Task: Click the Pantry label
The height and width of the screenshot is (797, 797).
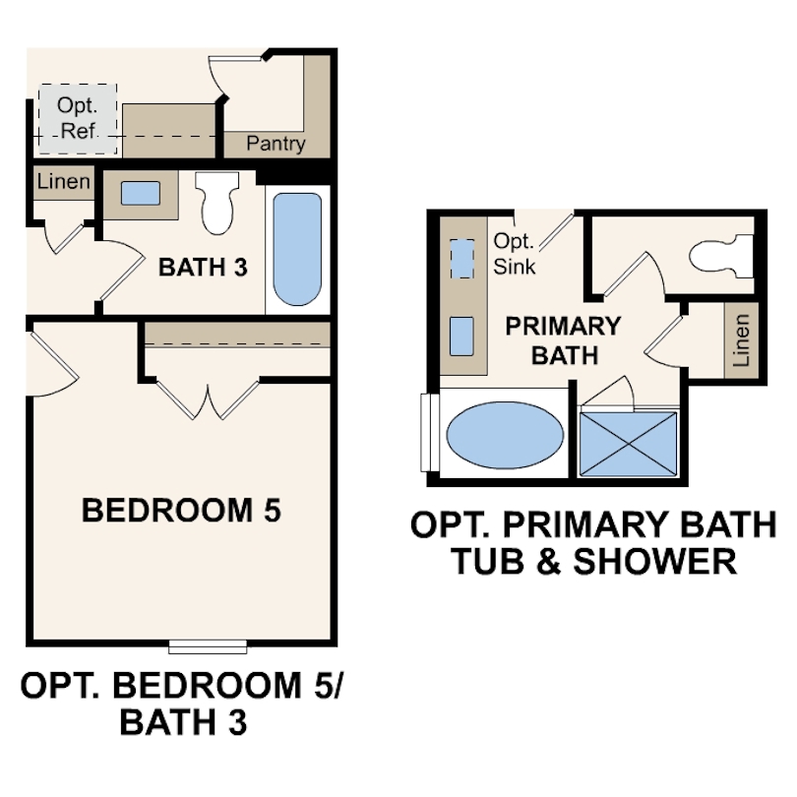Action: click(x=276, y=144)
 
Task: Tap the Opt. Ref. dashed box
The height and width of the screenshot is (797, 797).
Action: click(x=78, y=119)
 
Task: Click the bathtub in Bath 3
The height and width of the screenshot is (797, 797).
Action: click(x=296, y=249)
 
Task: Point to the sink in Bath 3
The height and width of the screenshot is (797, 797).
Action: click(x=140, y=193)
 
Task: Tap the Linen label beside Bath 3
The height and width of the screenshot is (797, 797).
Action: click(x=63, y=182)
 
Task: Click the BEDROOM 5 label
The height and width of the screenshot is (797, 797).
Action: click(x=181, y=511)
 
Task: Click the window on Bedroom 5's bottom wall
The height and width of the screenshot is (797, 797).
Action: click(x=208, y=646)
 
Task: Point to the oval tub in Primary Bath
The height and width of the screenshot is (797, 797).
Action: click(x=505, y=434)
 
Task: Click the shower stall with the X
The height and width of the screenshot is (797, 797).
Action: click(x=629, y=443)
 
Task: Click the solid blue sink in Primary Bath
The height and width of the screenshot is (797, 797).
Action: click(x=460, y=337)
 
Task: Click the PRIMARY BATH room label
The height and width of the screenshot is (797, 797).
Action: click(x=563, y=339)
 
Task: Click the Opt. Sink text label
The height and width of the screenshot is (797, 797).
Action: click(x=514, y=253)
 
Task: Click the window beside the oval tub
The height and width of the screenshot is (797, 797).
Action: click(x=428, y=433)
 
